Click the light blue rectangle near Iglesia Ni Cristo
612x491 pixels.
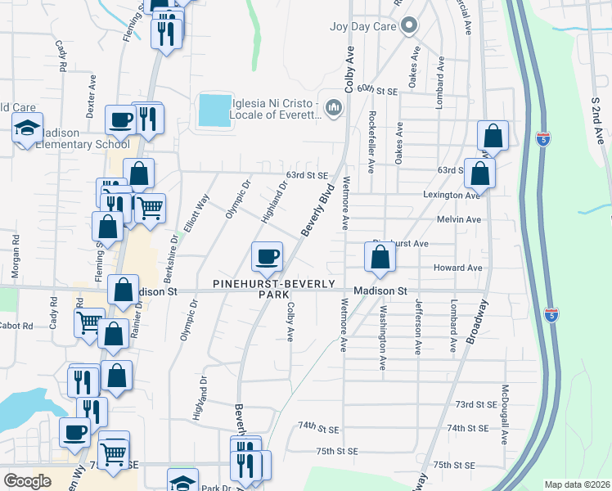[214, 110]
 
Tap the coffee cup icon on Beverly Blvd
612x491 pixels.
[268, 257]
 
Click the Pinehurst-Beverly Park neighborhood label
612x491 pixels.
[274, 288]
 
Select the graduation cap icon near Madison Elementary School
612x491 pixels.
[27, 128]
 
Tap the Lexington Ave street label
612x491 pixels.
[452, 196]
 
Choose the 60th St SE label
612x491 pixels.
[376, 88]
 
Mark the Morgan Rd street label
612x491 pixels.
[16, 255]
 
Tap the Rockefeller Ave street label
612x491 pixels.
[371, 142]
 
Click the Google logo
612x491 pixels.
[27, 481]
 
